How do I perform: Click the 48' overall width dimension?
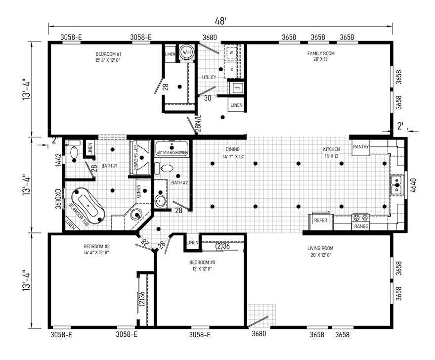[220, 21]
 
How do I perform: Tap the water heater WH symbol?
[186, 52]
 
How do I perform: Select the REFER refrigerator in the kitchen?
[321, 221]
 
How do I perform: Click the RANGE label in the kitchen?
[361, 226]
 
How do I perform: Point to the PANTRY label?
[361, 146]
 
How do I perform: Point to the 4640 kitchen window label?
[413, 185]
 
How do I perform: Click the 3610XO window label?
[58, 199]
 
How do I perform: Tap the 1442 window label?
[58, 160]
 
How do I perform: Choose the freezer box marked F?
[237, 88]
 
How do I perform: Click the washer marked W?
[231, 52]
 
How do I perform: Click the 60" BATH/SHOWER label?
[173, 153]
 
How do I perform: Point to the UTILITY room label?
[209, 78]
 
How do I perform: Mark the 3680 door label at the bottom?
[259, 334]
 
